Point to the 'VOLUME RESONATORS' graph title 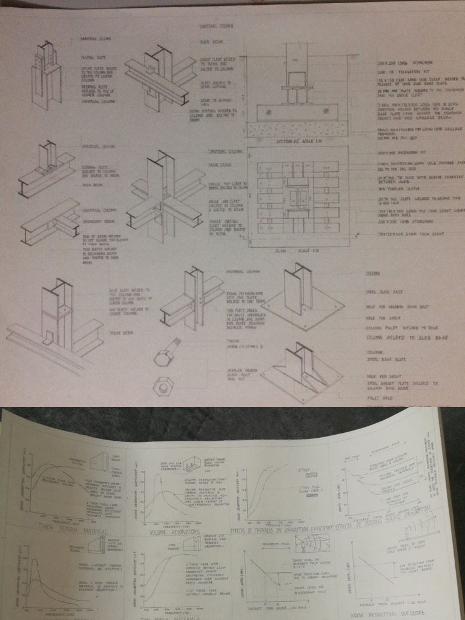coord(175,532)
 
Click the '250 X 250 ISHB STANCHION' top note coord(397,62)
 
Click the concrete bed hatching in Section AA coord(297,128)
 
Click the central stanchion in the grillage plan coord(297,199)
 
